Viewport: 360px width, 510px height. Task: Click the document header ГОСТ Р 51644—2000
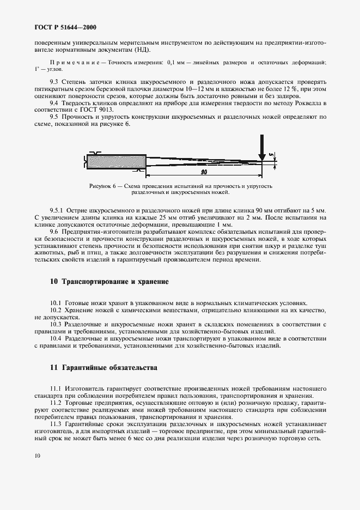click(62, 27)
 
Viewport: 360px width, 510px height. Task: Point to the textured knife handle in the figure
click(116, 161)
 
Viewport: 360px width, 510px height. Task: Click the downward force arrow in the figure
click(262, 150)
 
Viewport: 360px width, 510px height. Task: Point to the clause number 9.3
click(54, 81)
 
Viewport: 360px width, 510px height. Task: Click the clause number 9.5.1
click(57, 210)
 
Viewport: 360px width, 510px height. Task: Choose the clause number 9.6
click(54, 232)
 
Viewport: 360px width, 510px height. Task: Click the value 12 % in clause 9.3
click(293, 88)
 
